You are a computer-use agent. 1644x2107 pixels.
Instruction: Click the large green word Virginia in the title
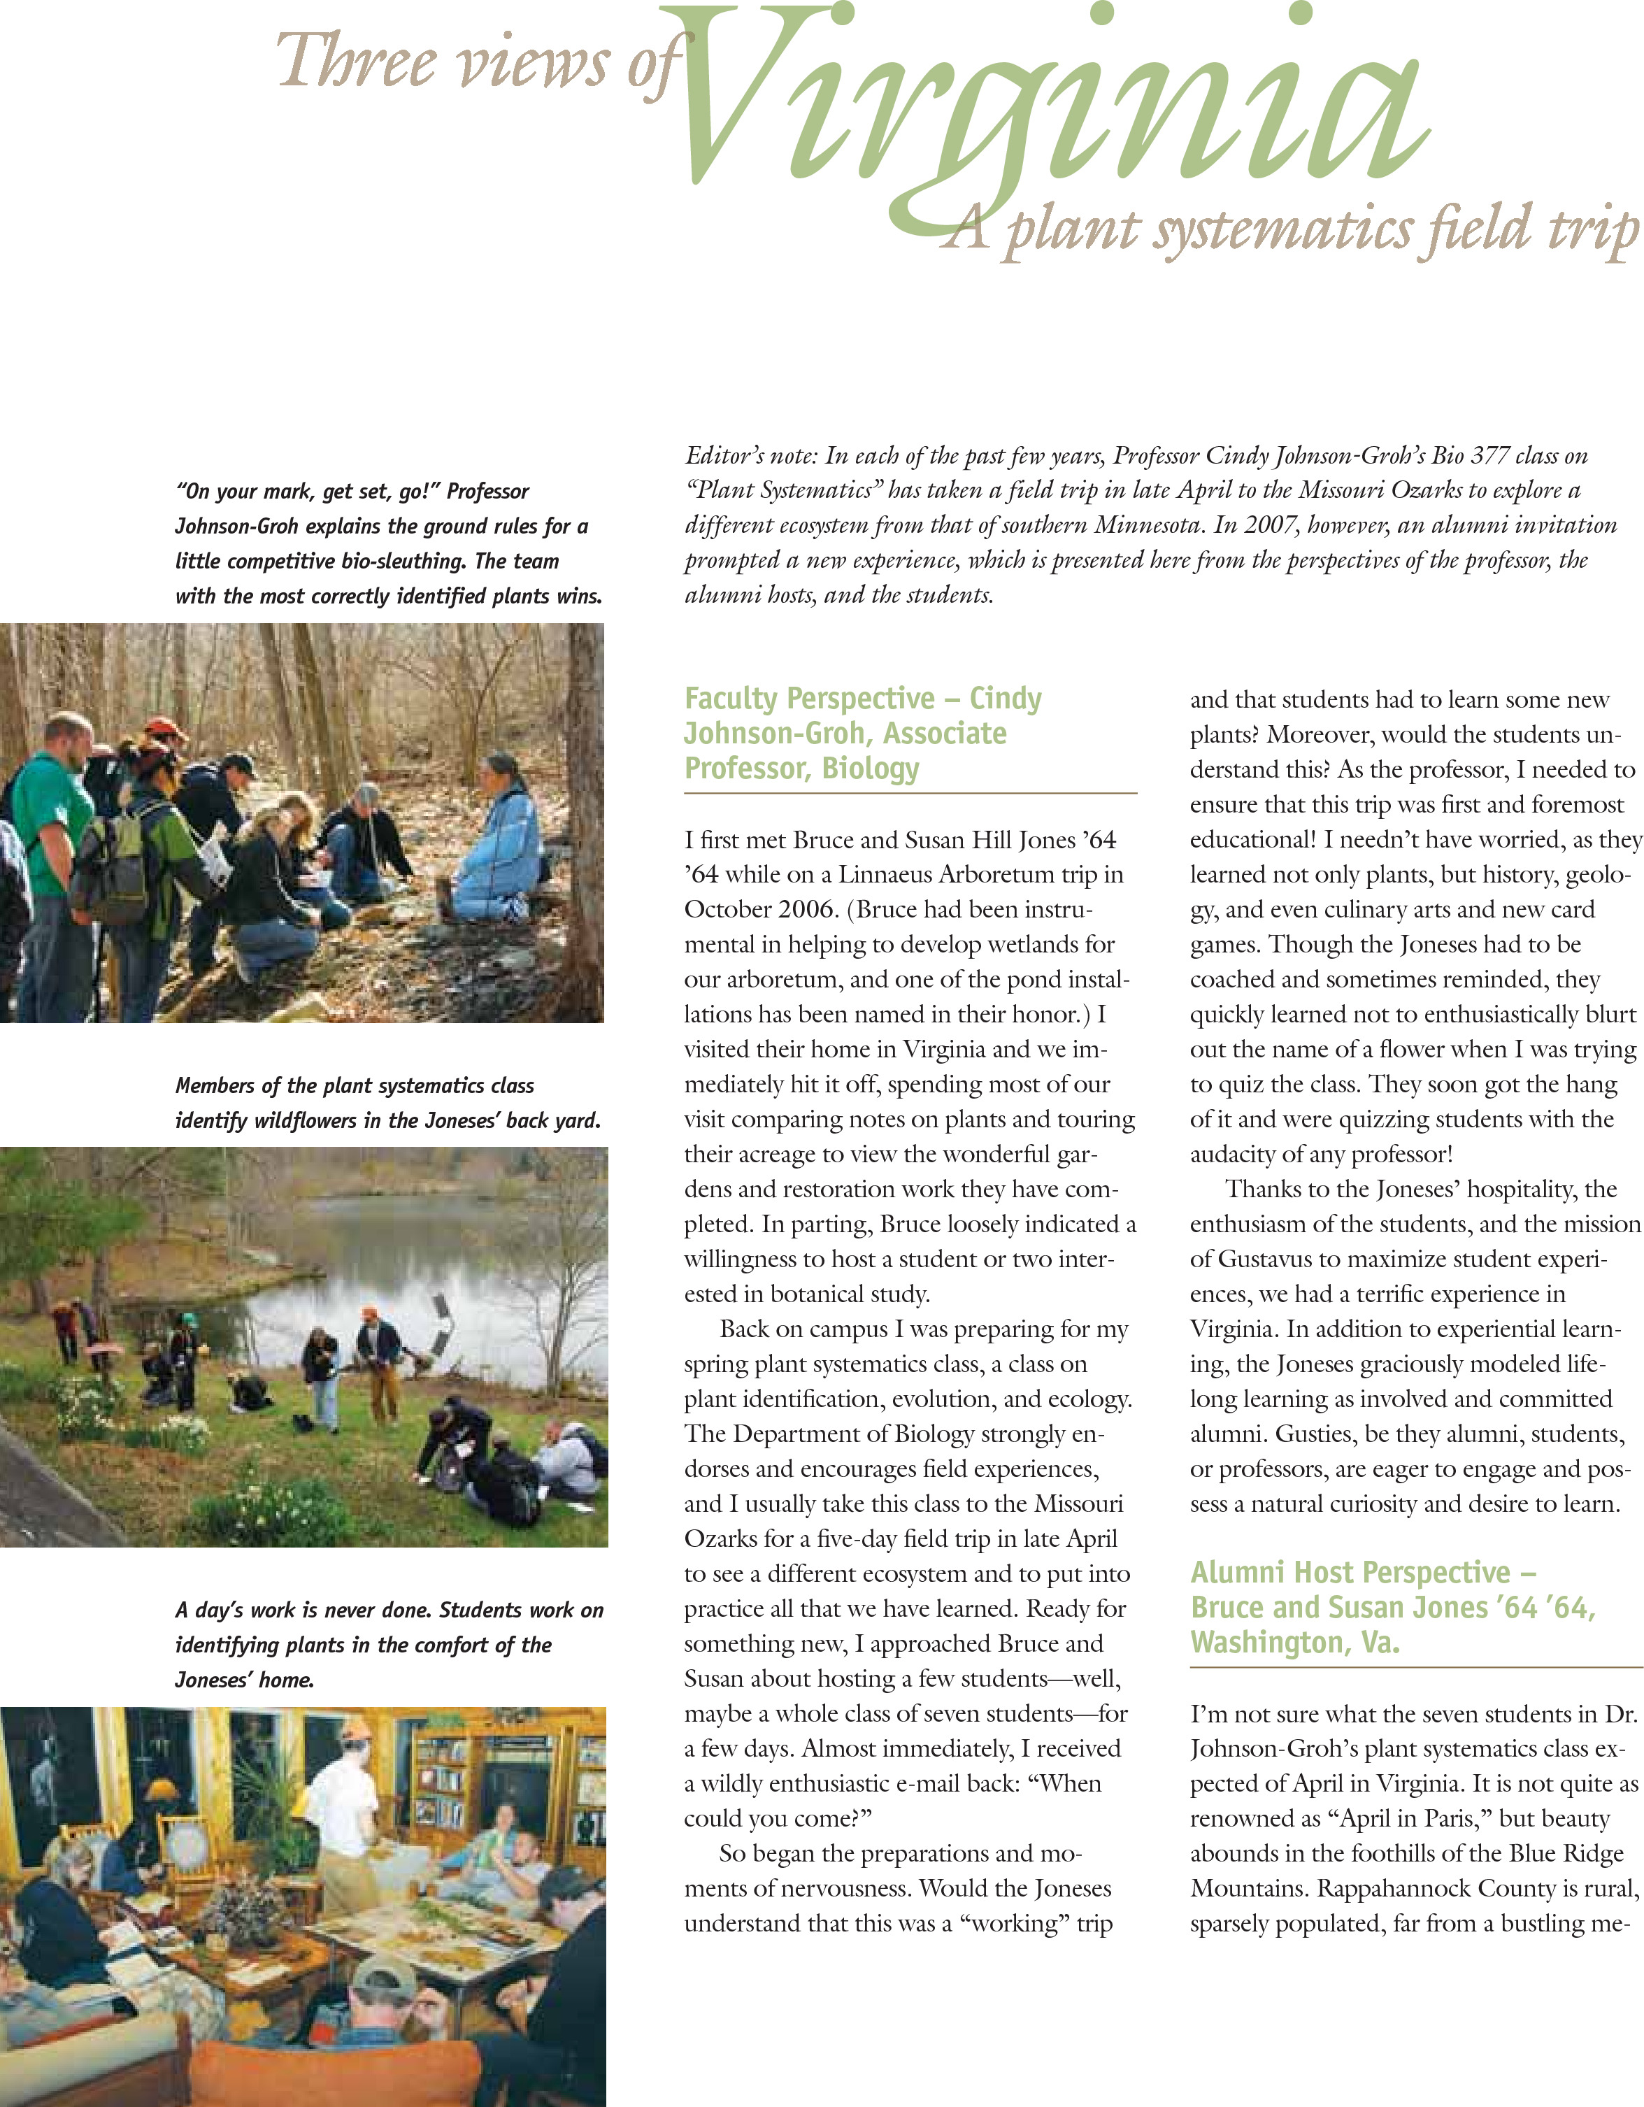1052,106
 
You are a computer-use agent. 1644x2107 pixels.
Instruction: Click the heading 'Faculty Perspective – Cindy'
862,699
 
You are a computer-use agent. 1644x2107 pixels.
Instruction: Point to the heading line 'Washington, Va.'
1295,1642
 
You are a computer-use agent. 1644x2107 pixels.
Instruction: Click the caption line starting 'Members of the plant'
354,1085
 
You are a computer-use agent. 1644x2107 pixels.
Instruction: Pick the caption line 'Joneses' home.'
244,1680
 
